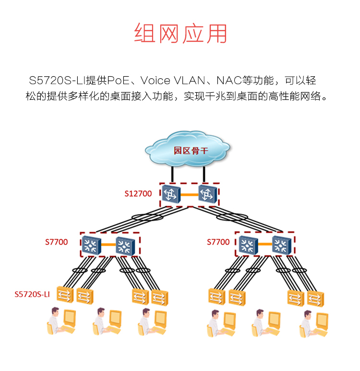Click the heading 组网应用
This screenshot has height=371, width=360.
tap(180, 34)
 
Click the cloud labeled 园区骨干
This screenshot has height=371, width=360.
tap(188, 150)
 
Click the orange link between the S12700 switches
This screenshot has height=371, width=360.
tap(189, 194)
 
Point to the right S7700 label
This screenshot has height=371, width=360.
tap(218, 242)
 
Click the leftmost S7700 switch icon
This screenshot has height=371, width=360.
tap(90, 245)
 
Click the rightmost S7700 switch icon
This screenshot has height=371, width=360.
tap(281, 245)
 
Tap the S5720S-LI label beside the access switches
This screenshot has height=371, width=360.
tap(32, 294)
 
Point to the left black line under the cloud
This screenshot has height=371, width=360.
tap(172, 173)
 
